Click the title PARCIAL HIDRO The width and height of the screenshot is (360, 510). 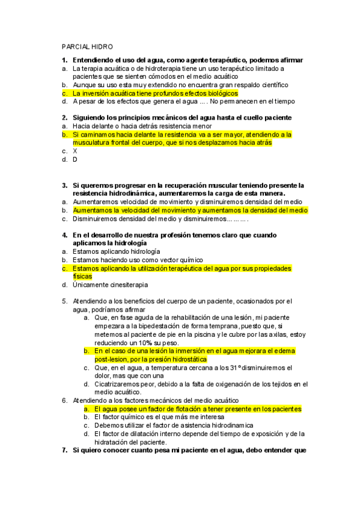click(x=88, y=47)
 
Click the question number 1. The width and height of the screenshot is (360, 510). click(x=64, y=60)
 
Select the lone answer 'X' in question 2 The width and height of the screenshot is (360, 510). click(x=75, y=152)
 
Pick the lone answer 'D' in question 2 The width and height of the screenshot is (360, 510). click(x=75, y=160)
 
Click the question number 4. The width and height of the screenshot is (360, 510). click(x=64, y=235)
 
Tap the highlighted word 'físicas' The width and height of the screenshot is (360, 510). click(x=82, y=276)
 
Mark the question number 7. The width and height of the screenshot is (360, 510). click(x=64, y=450)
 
